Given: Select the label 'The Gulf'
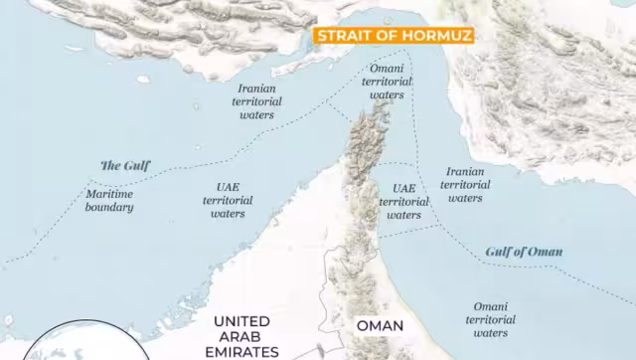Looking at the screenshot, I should [125, 165].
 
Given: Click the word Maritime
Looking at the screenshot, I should [109, 194].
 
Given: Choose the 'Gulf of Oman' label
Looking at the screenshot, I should [524, 252].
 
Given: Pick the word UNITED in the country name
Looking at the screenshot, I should [242, 321].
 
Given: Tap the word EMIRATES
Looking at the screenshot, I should [242, 352].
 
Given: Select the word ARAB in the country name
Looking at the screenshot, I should [242, 336].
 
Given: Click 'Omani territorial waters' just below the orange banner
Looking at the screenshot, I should [387, 83].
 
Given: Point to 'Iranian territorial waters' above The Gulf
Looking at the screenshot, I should [256, 101].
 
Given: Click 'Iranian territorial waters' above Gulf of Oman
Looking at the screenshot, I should [465, 185].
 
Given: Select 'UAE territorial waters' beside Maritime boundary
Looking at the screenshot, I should [228, 200].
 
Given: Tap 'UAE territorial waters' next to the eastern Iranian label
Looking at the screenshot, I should [403, 201].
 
